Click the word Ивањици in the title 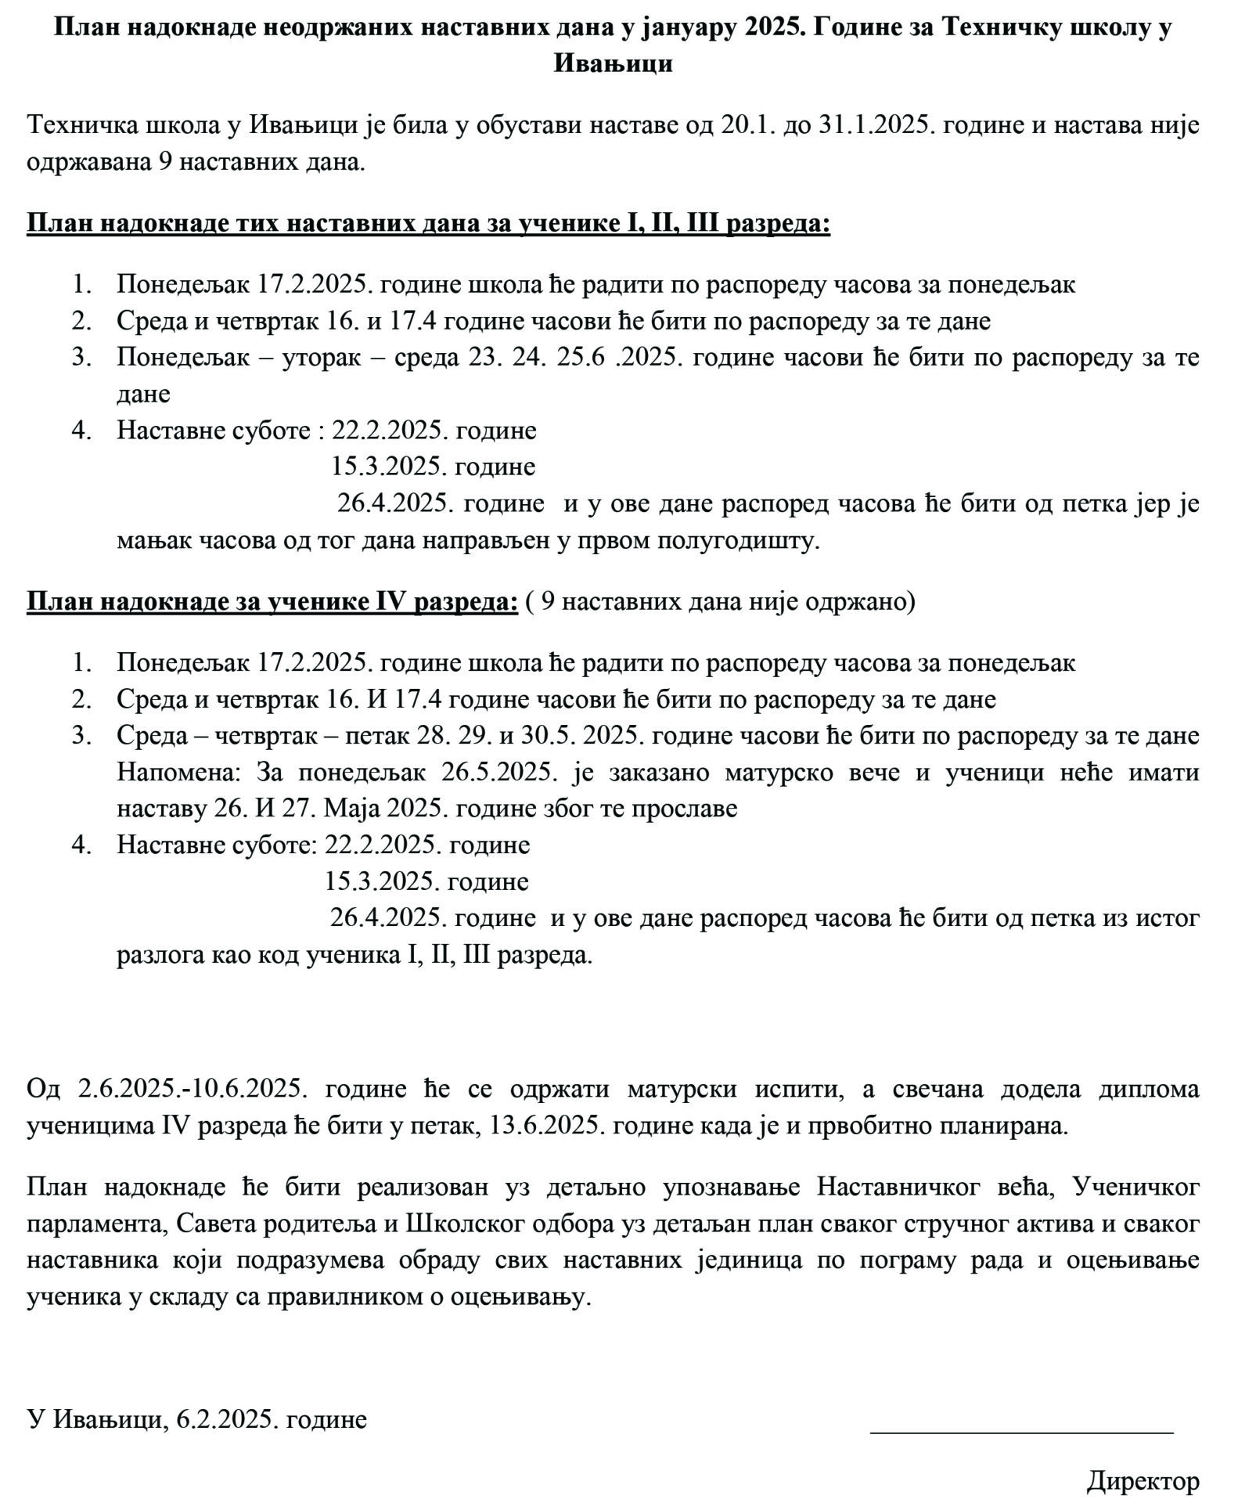(613, 63)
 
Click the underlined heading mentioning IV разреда (272, 601)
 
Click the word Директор (1143, 1480)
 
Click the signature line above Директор (1021, 1433)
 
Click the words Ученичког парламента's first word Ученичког (1135, 1188)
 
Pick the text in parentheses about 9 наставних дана (720, 601)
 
